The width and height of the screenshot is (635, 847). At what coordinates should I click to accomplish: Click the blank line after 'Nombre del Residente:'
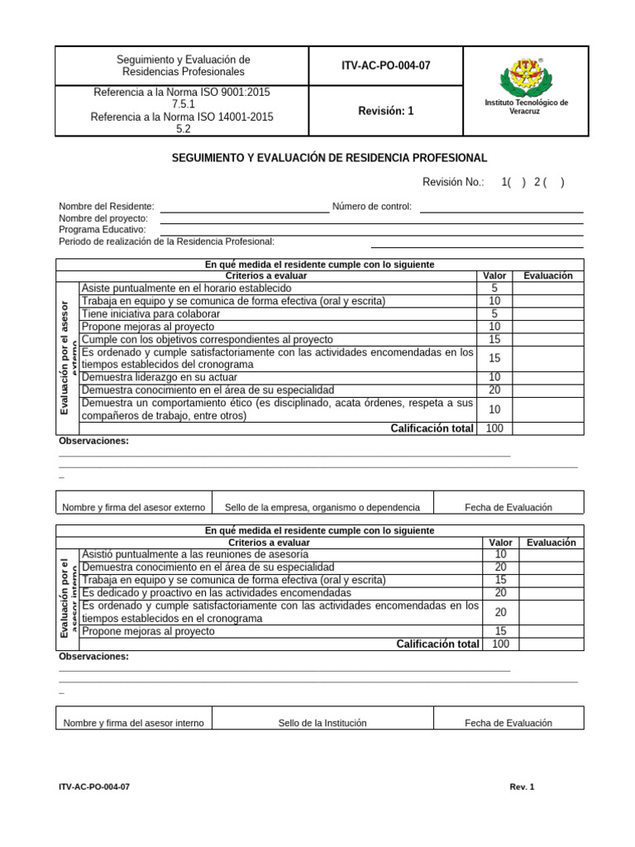(x=244, y=207)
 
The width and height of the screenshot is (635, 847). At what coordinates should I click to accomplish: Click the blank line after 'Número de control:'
(x=501, y=207)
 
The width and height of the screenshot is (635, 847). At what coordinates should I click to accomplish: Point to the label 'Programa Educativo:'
(x=102, y=229)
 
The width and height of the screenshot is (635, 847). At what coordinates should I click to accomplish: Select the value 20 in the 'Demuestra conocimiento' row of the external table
(x=494, y=390)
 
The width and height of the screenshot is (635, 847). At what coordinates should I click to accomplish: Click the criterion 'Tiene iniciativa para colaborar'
(x=150, y=314)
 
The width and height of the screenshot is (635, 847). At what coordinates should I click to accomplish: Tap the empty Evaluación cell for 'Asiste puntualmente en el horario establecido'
(x=547, y=288)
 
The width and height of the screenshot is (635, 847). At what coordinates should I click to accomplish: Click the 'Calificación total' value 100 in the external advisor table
(x=494, y=428)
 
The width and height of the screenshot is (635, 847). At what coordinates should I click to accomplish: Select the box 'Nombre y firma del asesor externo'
(x=133, y=507)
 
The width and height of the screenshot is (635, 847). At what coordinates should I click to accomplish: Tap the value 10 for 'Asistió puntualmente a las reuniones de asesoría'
(x=500, y=554)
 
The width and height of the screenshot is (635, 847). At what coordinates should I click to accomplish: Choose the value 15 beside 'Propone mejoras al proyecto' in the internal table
(x=500, y=631)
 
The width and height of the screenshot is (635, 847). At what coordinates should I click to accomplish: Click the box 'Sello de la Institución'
(x=322, y=723)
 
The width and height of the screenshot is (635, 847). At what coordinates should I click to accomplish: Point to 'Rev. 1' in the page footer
(x=522, y=787)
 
